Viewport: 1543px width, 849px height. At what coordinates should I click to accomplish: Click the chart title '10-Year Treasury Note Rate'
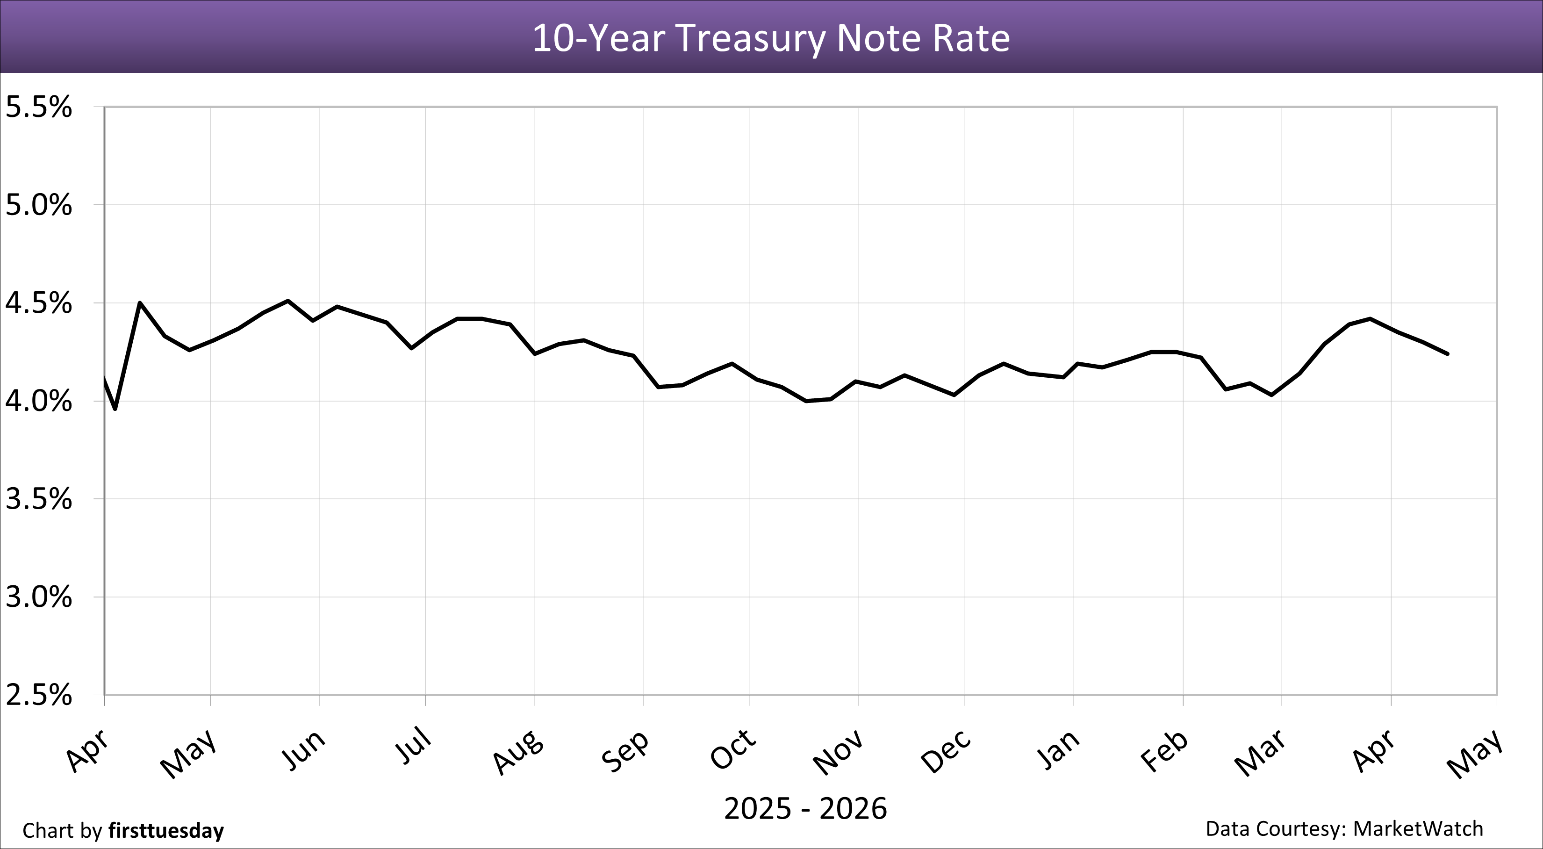(771, 38)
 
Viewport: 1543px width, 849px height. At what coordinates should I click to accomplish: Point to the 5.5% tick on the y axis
(38, 108)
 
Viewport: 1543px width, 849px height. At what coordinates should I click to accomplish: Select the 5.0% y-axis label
(38, 206)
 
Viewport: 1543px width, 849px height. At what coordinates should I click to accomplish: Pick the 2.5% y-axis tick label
(38, 695)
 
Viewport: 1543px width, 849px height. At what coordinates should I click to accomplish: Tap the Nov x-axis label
(839, 751)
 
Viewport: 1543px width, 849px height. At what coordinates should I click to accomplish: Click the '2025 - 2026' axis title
(805, 809)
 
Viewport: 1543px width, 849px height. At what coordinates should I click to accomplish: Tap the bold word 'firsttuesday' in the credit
(166, 830)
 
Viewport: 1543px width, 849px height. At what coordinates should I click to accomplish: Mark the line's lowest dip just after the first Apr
(115, 409)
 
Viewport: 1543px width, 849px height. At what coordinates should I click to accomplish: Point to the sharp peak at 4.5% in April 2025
(140, 302)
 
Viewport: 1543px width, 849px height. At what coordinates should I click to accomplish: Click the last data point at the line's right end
(1448, 354)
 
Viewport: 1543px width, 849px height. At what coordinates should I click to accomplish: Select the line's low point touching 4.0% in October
(806, 401)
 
